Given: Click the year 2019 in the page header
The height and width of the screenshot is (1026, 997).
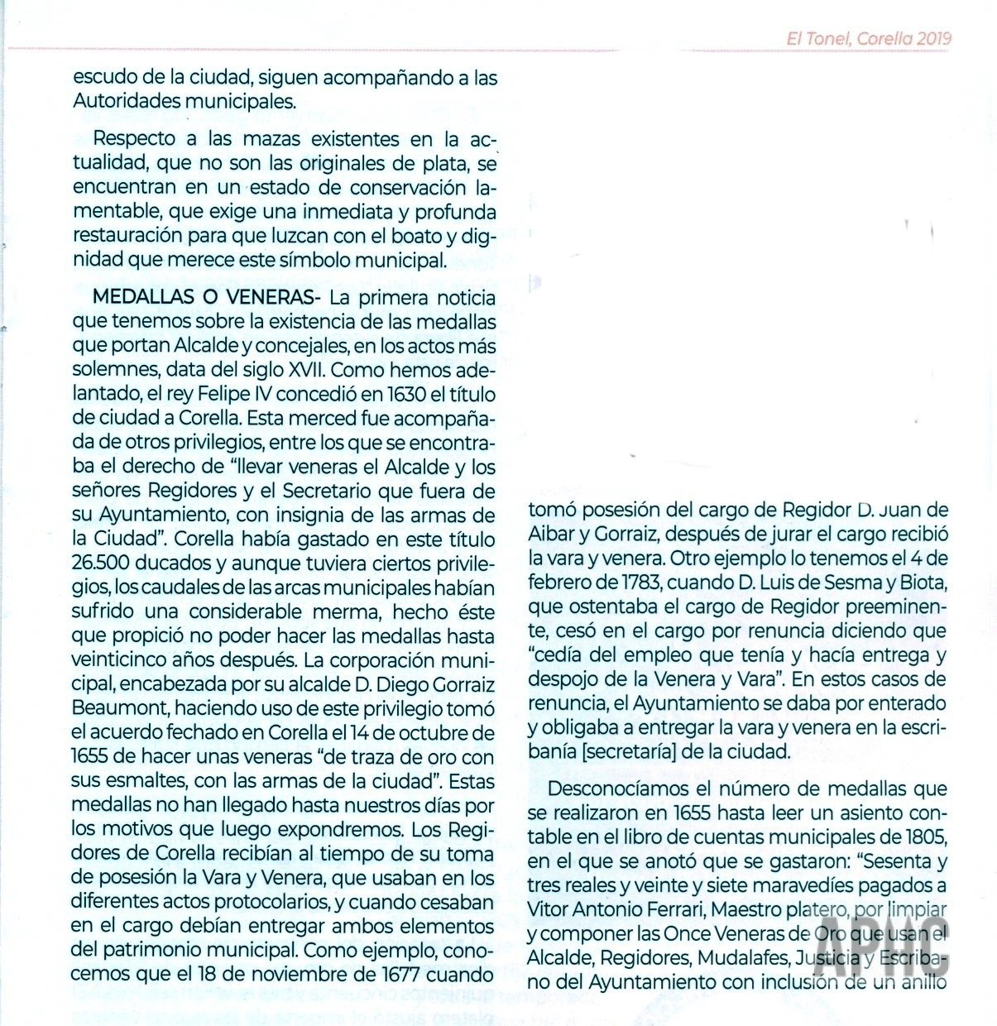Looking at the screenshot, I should coord(934,38).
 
